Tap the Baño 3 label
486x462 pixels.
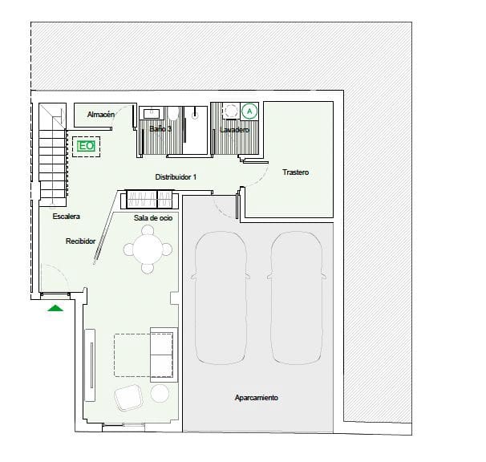[161, 129]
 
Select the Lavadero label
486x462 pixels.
[234, 129]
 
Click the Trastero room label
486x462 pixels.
[295, 173]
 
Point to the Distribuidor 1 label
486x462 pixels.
[176, 176]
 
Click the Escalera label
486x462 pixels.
[67, 217]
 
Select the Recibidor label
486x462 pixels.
[81, 241]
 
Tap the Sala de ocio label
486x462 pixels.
[153, 217]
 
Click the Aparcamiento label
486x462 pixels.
[256, 398]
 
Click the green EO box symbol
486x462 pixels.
[86, 147]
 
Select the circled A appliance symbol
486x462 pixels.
[249, 111]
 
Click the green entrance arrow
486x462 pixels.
[55, 308]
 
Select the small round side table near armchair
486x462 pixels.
[160, 393]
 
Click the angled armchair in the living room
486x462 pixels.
[129, 396]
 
